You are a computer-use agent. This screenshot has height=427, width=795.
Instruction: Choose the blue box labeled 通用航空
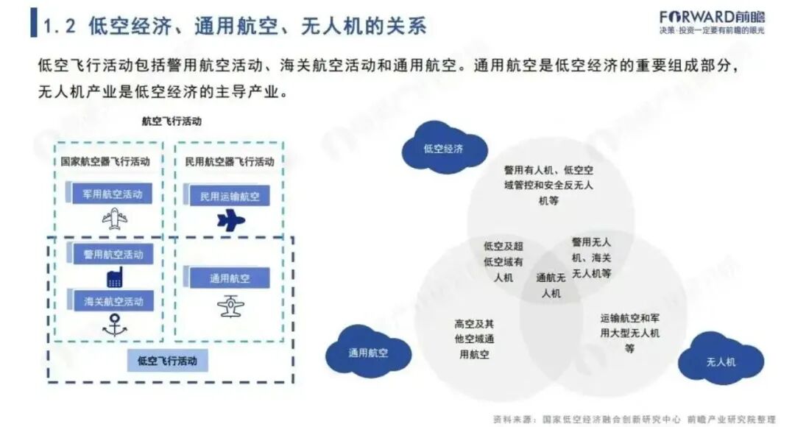[x=229, y=278]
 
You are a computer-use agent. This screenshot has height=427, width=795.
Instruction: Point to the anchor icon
[x=114, y=325]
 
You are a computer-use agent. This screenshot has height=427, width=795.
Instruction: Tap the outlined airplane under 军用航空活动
[x=115, y=219]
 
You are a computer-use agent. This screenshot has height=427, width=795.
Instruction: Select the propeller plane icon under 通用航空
[x=230, y=306]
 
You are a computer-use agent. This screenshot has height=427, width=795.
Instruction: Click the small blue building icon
[x=114, y=278]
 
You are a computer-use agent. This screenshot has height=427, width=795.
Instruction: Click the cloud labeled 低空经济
[x=444, y=148]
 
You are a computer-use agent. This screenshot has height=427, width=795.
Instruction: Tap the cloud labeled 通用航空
[x=368, y=353]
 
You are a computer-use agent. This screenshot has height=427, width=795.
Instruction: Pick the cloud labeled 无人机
[x=721, y=361]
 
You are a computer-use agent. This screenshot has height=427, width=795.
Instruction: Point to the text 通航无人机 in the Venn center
[x=551, y=286]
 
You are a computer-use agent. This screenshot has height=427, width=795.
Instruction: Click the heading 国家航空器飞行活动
[x=105, y=161]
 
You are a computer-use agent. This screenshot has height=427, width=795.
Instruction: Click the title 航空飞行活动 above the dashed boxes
[x=172, y=121]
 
